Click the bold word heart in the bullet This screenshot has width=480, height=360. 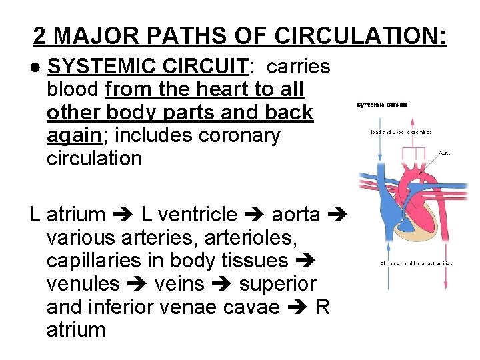click(x=213, y=89)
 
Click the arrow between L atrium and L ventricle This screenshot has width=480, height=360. click(x=123, y=215)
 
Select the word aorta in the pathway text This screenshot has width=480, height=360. click(x=298, y=214)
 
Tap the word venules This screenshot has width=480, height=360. click(x=83, y=284)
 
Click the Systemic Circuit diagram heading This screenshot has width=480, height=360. click(x=382, y=105)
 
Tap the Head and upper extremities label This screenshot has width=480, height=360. click(x=401, y=132)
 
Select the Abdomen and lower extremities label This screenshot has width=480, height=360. click(x=415, y=263)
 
